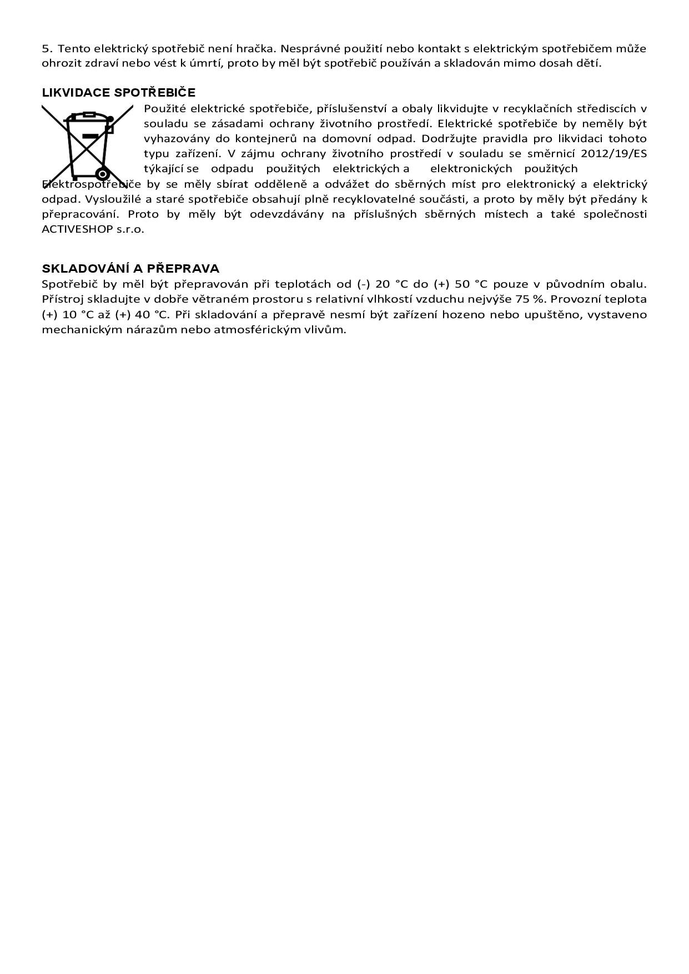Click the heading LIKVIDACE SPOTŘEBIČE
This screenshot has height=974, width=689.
(119, 93)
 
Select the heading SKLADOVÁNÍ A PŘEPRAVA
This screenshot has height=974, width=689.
(130, 269)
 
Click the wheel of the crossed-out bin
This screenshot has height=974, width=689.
(102, 174)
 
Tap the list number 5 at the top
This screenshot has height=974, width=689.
(46, 48)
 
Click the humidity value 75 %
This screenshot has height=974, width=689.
(530, 299)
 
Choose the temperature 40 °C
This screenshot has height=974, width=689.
(152, 314)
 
